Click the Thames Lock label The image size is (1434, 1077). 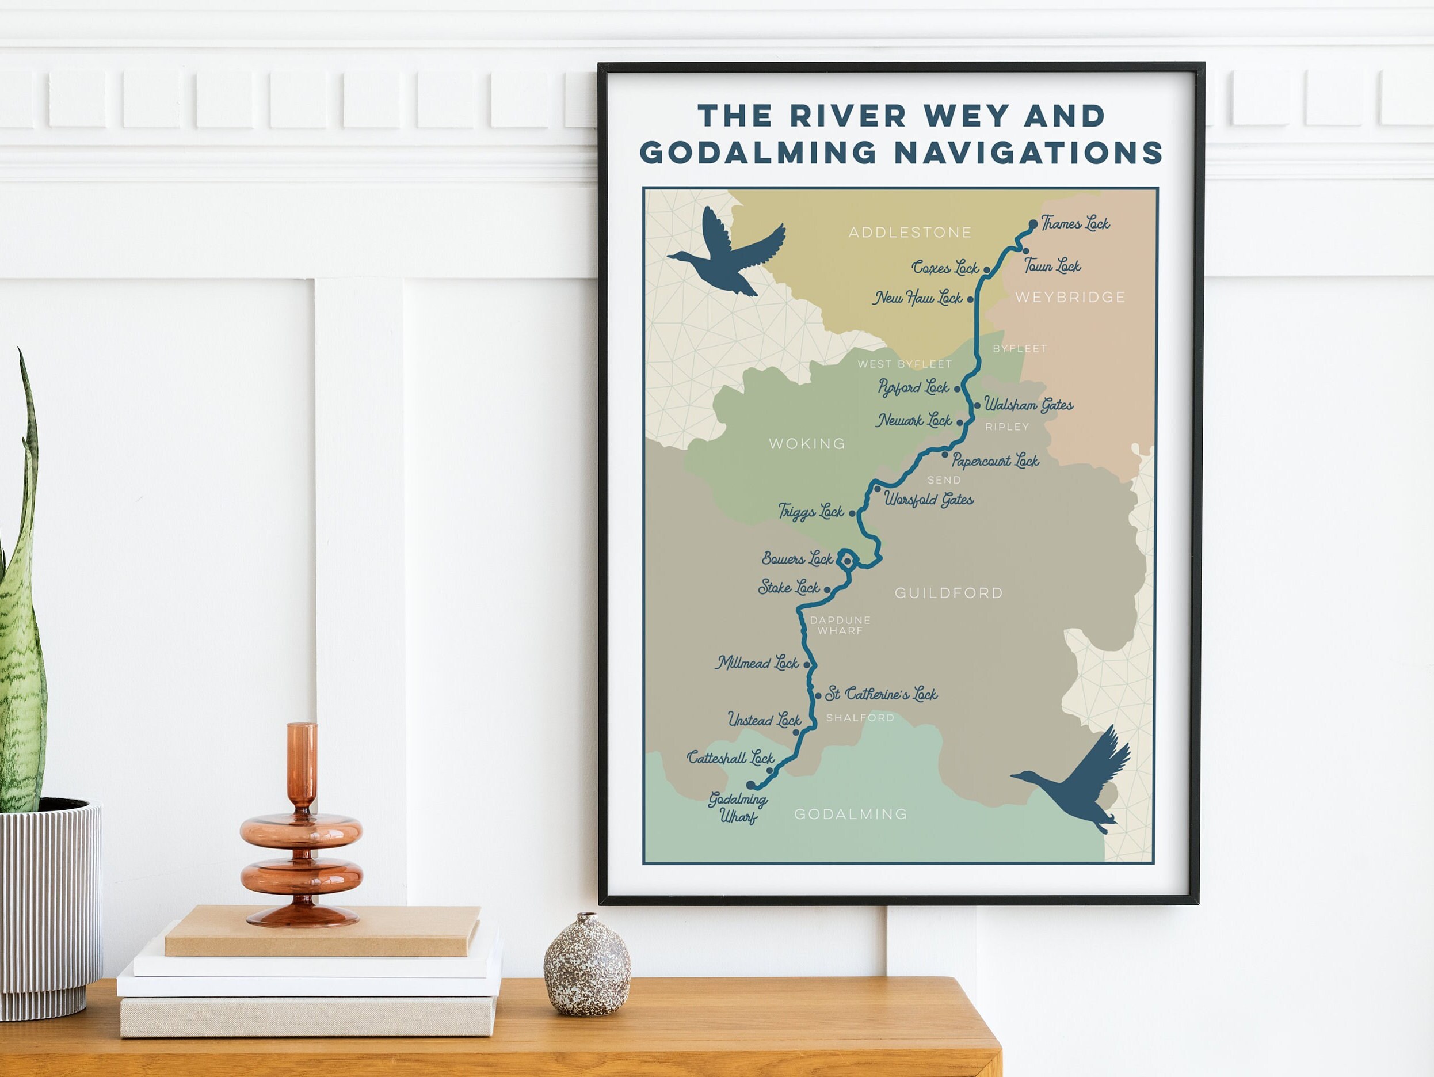click(x=1075, y=224)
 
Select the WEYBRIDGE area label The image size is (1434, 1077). click(x=1070, y=297)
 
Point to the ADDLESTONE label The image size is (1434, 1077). click(x=910, y=232)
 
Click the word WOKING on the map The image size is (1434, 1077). click(x=807, y=443)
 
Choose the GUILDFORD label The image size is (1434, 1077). click(x=948, y=593)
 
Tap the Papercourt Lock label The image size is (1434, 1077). click(x=995, y=461)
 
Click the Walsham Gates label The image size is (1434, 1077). click(x=1028, y=405)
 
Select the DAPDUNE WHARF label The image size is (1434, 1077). click(x=840, y=625)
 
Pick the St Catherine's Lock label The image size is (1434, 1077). click(x=881, y=694)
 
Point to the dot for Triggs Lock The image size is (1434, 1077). click(x=852, y=513)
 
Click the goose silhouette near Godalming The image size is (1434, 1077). click(x=1077, y=782)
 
